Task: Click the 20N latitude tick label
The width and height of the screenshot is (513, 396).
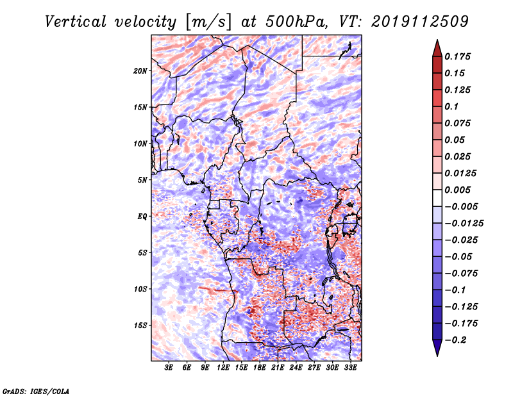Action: coord(140,70)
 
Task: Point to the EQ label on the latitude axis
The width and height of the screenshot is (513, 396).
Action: coord(142,217)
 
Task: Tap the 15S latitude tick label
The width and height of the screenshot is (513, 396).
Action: coord(140,326)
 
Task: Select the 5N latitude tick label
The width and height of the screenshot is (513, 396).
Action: coord(142,180)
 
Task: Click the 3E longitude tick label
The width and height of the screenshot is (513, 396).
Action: coord(169,368)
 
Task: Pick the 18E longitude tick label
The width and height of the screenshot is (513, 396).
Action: coord(260,368)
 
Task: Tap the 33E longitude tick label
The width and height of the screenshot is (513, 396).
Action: coord(350,368)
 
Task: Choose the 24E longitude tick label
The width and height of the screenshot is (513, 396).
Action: coord(296,368)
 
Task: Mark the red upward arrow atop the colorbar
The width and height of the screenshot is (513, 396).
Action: coord(437,47)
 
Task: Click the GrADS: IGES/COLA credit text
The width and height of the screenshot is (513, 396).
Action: coord(36,390)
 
